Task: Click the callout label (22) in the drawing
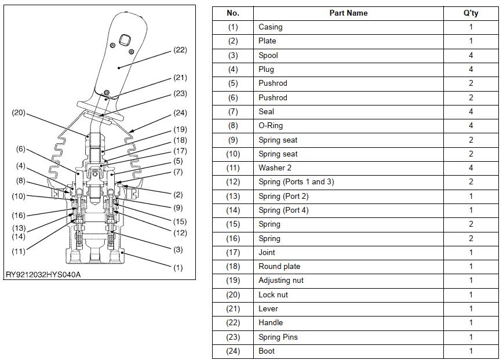[180, 50]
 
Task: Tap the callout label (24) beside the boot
[180, 113]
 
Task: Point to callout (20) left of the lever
[19, 112]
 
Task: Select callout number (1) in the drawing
[178, 268]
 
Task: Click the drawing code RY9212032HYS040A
[43, 275]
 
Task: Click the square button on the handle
[124, 40]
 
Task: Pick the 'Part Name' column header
[348, 13]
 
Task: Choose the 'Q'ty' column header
[471, 13]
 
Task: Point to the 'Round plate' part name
[279, 266]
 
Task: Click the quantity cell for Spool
[471, 55]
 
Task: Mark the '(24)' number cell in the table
[233, 351]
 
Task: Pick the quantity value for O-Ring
[471, 125]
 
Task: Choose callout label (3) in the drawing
[178, 250]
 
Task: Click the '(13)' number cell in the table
[233, 196]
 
